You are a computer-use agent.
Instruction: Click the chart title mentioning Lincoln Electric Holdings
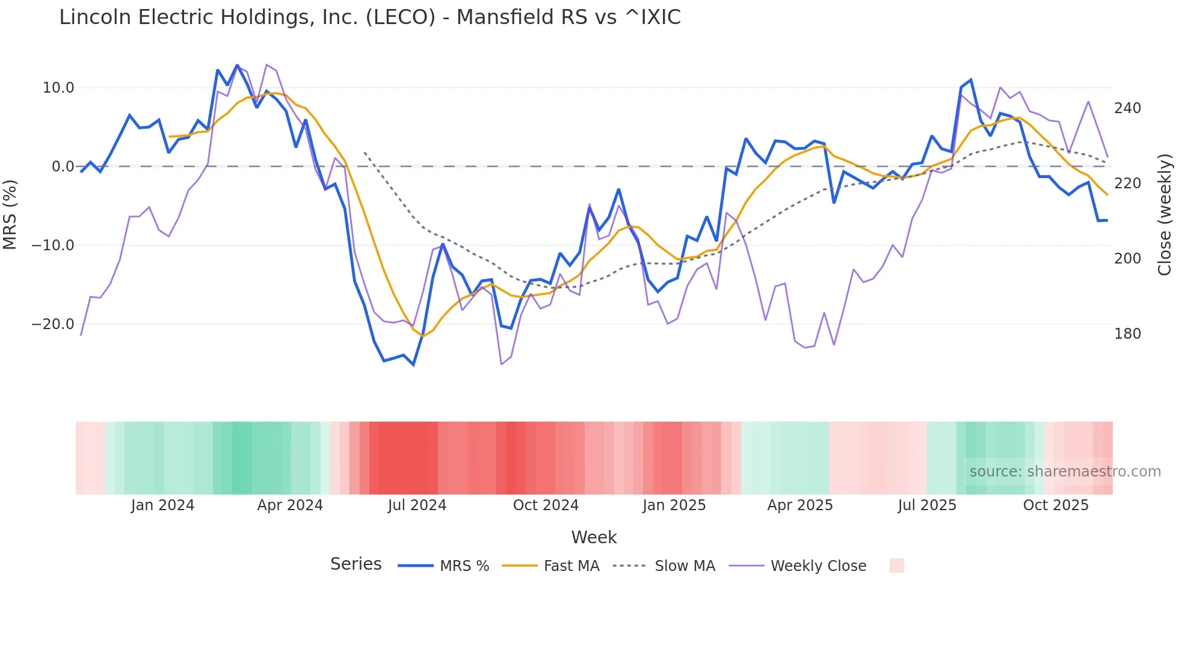click(370, 17)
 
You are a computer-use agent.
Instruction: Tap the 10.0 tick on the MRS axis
click(58, 88)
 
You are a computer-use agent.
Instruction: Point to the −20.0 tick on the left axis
click(53, 324)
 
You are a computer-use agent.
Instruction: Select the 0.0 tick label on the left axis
click(63, 167)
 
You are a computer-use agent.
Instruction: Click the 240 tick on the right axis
click(1127, 108)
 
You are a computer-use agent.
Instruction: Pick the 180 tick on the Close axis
click(1127, 334)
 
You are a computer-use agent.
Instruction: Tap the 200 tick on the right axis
click(1127, 259)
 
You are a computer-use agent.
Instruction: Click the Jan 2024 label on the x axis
click(162, 505)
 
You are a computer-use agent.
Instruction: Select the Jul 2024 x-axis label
click(417, 505)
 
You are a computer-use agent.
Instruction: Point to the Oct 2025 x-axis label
click(1056, 505)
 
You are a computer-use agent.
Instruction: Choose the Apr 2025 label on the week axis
click(800, 505)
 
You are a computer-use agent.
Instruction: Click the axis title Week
click(594, 537)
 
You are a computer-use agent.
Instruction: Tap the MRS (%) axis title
click(10, 215)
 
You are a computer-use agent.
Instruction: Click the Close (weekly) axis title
click(1165, 215)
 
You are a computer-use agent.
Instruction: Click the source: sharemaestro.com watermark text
click(1065, 472)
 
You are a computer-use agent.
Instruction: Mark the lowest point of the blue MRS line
click(413, 365)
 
